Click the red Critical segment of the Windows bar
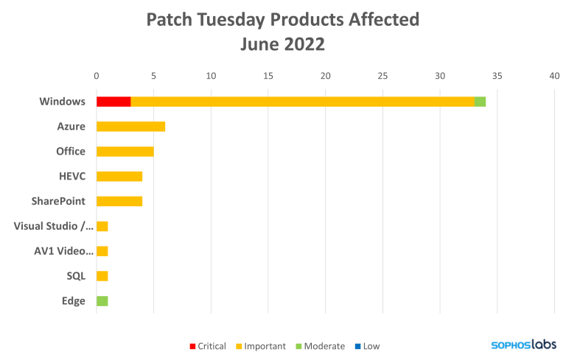point(113,102)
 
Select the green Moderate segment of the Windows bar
point(481,102)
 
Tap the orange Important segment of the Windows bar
point(302,102)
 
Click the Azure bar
point(131,127)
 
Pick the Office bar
point(125,152)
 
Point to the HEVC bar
point(119,177)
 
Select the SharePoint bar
point(119,201)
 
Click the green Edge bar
point(102,300)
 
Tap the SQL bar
point(102,276)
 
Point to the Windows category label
point(63,102)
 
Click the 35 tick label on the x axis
point(497,75)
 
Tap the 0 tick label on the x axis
point(97,75)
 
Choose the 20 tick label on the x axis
point(325,75)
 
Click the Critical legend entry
point(208,345)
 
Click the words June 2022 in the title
point(282,44)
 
